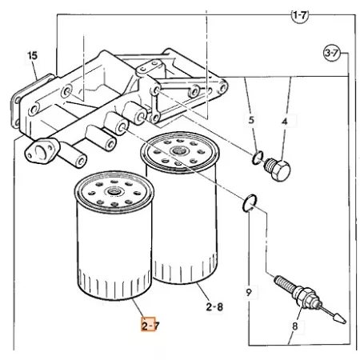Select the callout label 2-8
tap(214, 307)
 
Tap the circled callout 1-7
tap(299, 15)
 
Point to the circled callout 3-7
tap(332, 53)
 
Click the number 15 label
tap(33, 56)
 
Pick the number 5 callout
tap(251, 120)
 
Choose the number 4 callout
tap(285, 122)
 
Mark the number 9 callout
tap(249, 293)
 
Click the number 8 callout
tap(294, 326)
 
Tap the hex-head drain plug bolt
tap(278, 169)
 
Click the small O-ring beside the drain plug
tap(258, 158)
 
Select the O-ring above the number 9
tap(250, 203)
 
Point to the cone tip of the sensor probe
tap(340, 318)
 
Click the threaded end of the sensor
tap(284, 283)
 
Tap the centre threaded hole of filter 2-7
tap(114, 191)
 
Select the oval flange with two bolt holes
tap(42, 151)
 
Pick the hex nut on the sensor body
tap(306, 296)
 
